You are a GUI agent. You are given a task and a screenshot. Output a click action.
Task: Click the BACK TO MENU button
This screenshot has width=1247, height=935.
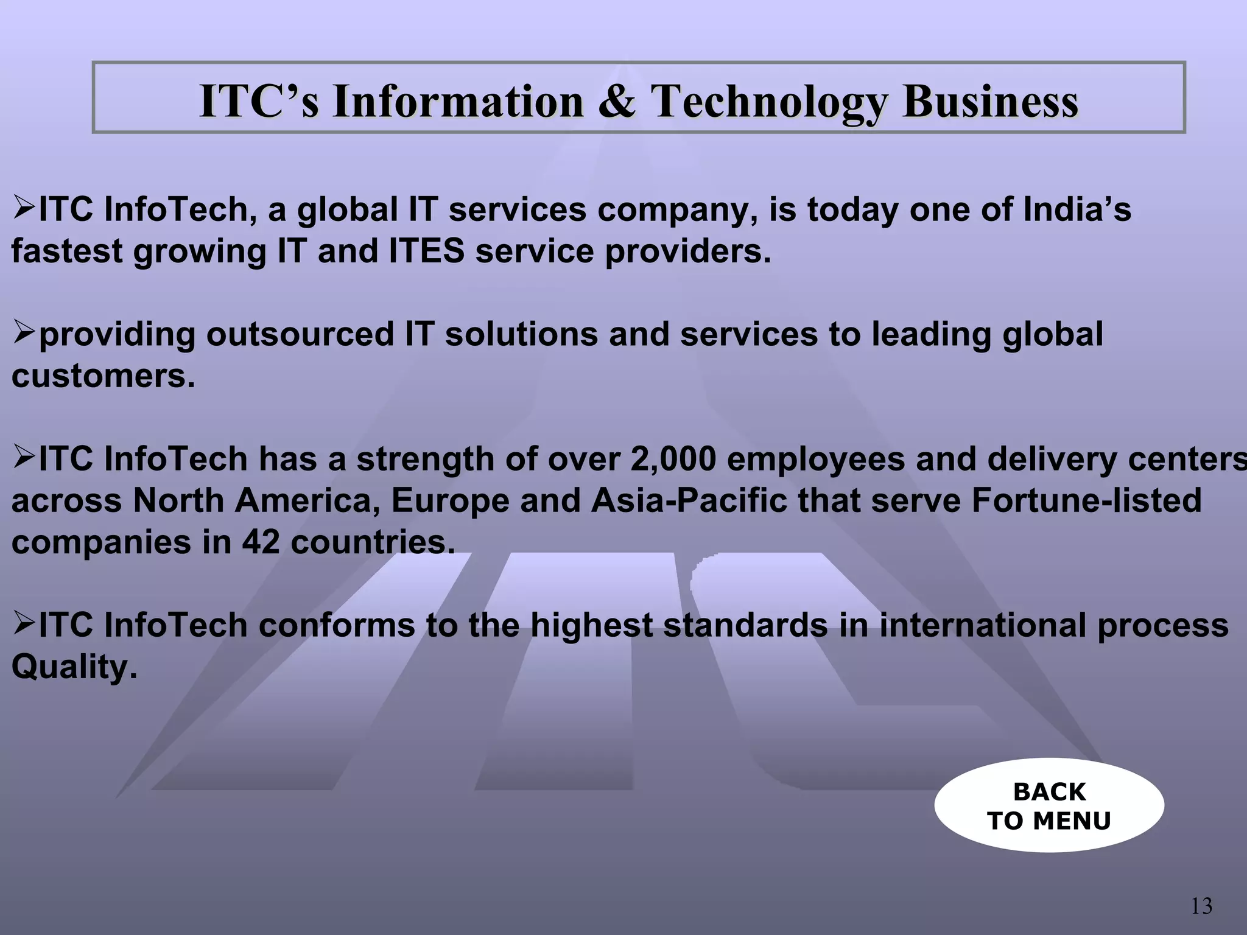[1049, 805]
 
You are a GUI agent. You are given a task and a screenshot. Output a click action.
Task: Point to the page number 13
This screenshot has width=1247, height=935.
[1201, 906]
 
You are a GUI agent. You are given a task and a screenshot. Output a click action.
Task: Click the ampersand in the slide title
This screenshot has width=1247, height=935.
[617, 100]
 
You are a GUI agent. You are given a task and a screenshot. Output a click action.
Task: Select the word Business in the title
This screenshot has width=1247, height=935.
[990, 100]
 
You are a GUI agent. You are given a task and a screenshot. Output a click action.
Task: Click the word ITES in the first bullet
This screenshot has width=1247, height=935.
[426, 251]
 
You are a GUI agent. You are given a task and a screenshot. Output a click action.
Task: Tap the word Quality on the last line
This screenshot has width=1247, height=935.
[74, 667]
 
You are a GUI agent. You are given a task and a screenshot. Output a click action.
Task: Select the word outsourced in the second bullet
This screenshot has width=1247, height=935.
[300, 334]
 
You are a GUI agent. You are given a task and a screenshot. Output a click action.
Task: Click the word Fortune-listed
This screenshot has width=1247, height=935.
[1086, 500]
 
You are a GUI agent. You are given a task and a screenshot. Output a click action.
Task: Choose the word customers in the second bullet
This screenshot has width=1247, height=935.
[103, 376]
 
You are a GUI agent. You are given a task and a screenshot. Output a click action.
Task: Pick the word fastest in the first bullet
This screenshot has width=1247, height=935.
[67, 251]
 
